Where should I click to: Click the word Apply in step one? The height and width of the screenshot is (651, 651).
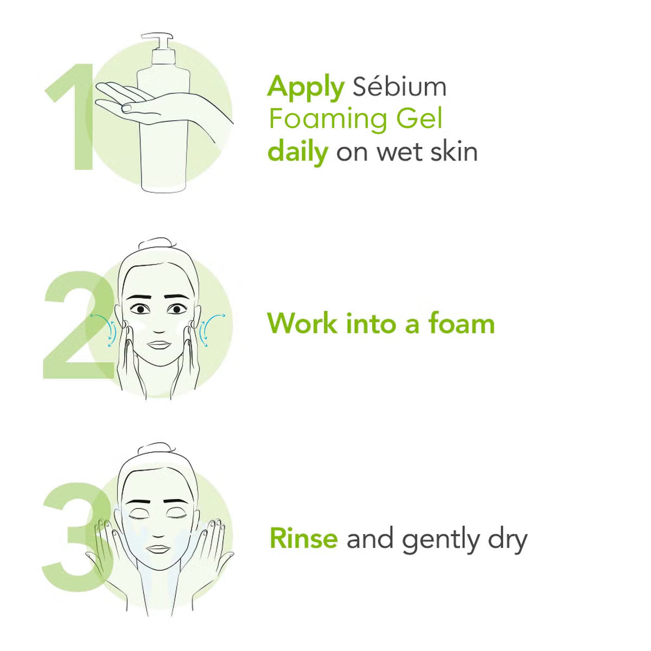click(305, 88)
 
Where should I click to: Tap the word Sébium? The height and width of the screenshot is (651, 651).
click(399, 87)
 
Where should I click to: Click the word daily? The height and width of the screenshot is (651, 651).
click(298, 152)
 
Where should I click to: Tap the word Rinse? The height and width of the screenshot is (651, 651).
click(303, 539)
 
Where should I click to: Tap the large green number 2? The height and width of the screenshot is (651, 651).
click(73, 325)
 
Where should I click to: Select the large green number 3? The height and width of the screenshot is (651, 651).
click(71, 534)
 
